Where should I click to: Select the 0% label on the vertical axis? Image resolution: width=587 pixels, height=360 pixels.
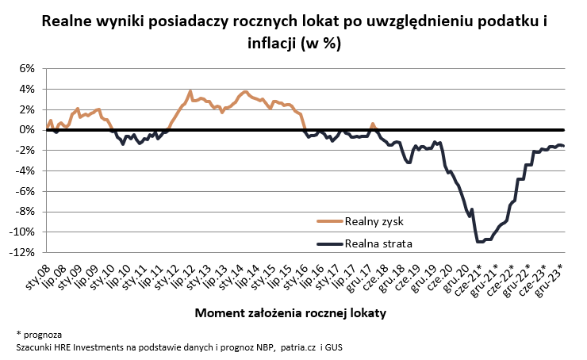click(25, 129)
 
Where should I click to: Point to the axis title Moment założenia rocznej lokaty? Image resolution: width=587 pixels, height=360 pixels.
click(290, 313)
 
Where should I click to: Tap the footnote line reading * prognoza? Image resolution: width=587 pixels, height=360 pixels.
click(38, 334)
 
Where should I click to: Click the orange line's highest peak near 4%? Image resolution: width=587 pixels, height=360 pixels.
click(190, 91)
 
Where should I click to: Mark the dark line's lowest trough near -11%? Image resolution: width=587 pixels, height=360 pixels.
click(481, 241)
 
